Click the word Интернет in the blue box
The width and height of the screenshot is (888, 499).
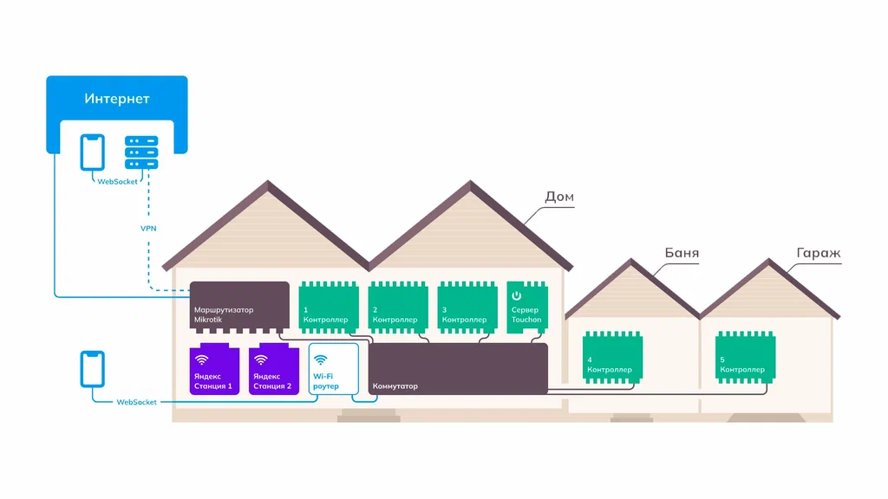coord(117,99)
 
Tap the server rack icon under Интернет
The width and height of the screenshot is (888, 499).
coord(141,152)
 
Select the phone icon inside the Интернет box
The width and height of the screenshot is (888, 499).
coord(92,152)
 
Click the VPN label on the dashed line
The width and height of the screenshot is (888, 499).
coord(148,229)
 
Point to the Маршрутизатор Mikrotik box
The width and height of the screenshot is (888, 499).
coord(239,307)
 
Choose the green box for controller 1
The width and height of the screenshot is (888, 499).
coord(329,308)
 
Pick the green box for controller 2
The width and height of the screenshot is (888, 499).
coord(398,308)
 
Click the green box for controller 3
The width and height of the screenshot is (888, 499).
coord(467,308)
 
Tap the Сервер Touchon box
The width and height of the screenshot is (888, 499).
coord(527,308)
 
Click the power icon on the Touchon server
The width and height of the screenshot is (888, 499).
coord(517,295)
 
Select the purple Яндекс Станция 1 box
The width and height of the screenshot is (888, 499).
coord(214,369)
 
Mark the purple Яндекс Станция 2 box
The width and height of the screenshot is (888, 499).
coord(273,369)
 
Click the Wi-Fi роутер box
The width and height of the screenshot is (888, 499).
coord(334,369)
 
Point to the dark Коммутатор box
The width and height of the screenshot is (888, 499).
coord(458,368)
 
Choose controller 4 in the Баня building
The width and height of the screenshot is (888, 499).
coord(613,358)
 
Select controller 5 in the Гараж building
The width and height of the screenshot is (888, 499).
coord(745,358)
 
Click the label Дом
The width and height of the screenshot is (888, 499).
coord(559,197)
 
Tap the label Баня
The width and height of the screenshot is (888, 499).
coord(682,253)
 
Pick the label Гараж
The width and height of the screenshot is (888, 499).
coord(819,253)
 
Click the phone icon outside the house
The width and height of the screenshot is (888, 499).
coord(92,369)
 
